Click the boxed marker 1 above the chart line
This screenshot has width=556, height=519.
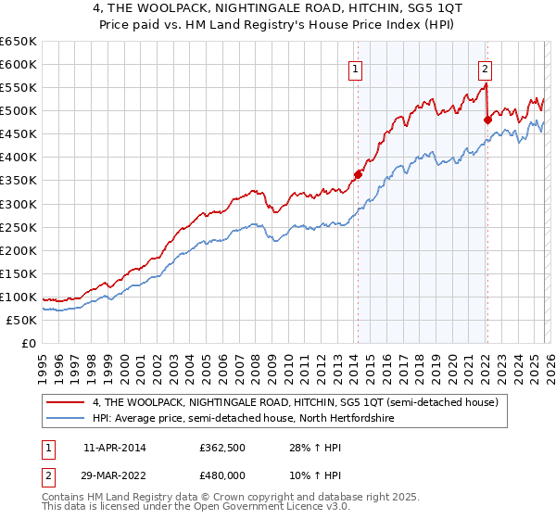[x=356, y=68]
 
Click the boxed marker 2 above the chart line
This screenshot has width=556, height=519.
[x=485, y=68]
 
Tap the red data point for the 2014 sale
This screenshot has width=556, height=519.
[x=358, y=174]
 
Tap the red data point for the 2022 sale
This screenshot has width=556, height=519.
[x=487, y=120]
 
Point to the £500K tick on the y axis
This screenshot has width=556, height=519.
[x=19, y=111]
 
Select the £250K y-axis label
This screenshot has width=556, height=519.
[x=19, y=227]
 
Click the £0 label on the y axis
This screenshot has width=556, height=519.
[x=28, y=343]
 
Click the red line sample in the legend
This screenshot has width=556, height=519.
[x=65, y=402]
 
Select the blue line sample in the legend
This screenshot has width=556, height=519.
[x=65, y=419]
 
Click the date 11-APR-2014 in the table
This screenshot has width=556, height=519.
[x=114, y=448]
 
